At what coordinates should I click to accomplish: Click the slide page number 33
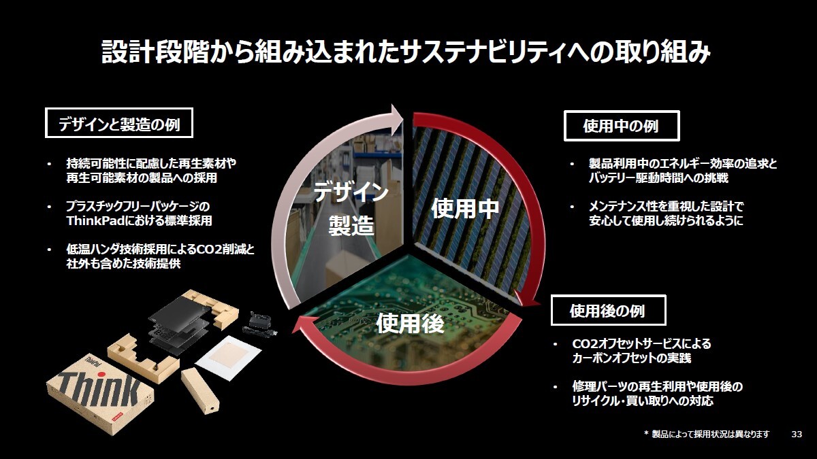[797, 435]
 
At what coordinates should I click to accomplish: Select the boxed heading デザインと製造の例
[119, 123]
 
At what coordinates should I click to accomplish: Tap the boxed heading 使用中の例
[622, 126]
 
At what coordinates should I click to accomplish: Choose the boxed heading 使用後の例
[608, 310]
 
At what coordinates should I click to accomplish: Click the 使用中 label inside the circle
[464, 208]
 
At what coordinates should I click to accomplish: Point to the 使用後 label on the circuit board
[410, 323]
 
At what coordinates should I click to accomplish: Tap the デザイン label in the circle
[351, 192]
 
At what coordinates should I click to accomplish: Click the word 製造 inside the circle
[351, 225]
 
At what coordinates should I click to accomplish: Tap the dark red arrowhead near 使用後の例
[527, 300]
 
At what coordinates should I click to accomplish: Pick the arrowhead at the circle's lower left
[302, 325]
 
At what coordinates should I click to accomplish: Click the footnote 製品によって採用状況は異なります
[711, 435]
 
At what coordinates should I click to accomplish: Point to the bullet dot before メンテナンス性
[573, 207]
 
